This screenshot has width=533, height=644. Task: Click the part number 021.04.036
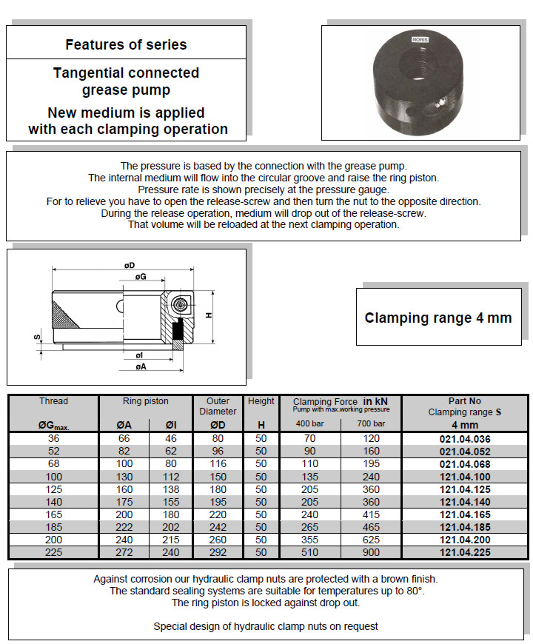click(x=464, y=438)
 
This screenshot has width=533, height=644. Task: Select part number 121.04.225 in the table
click(x=464, y=552)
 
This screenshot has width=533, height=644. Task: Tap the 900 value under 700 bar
click(x=371, y=552)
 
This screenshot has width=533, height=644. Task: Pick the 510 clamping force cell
click(x=311, y=552)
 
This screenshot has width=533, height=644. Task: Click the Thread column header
click(x=53, y=401)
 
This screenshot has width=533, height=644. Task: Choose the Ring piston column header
click(x=146, y=401)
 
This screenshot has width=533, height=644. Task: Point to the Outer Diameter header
click(x=218, y=406)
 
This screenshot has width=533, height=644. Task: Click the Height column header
click(x=261, y=401)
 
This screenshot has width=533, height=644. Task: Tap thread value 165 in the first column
click(x=53, y=514)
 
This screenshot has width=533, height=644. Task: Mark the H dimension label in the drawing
click(x=209, y=315)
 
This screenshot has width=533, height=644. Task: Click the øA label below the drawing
click(x=141, y=366)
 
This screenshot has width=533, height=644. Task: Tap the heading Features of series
click(x=126, y=44)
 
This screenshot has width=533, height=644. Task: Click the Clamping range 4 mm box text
click(x=438, y=318)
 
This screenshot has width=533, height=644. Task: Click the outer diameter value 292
click(x=218, y=552)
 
